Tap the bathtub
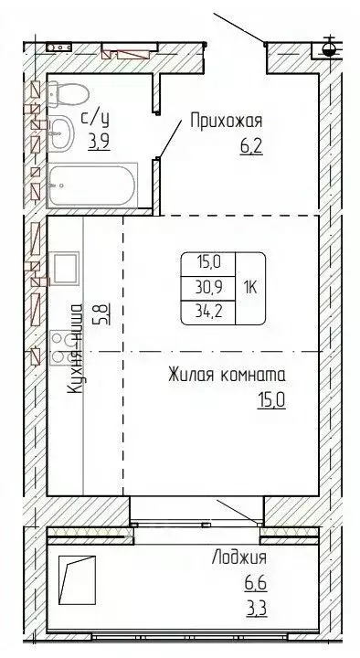coord(91,186)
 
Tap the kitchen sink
coord(65,269)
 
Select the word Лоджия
coord(240,557)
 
